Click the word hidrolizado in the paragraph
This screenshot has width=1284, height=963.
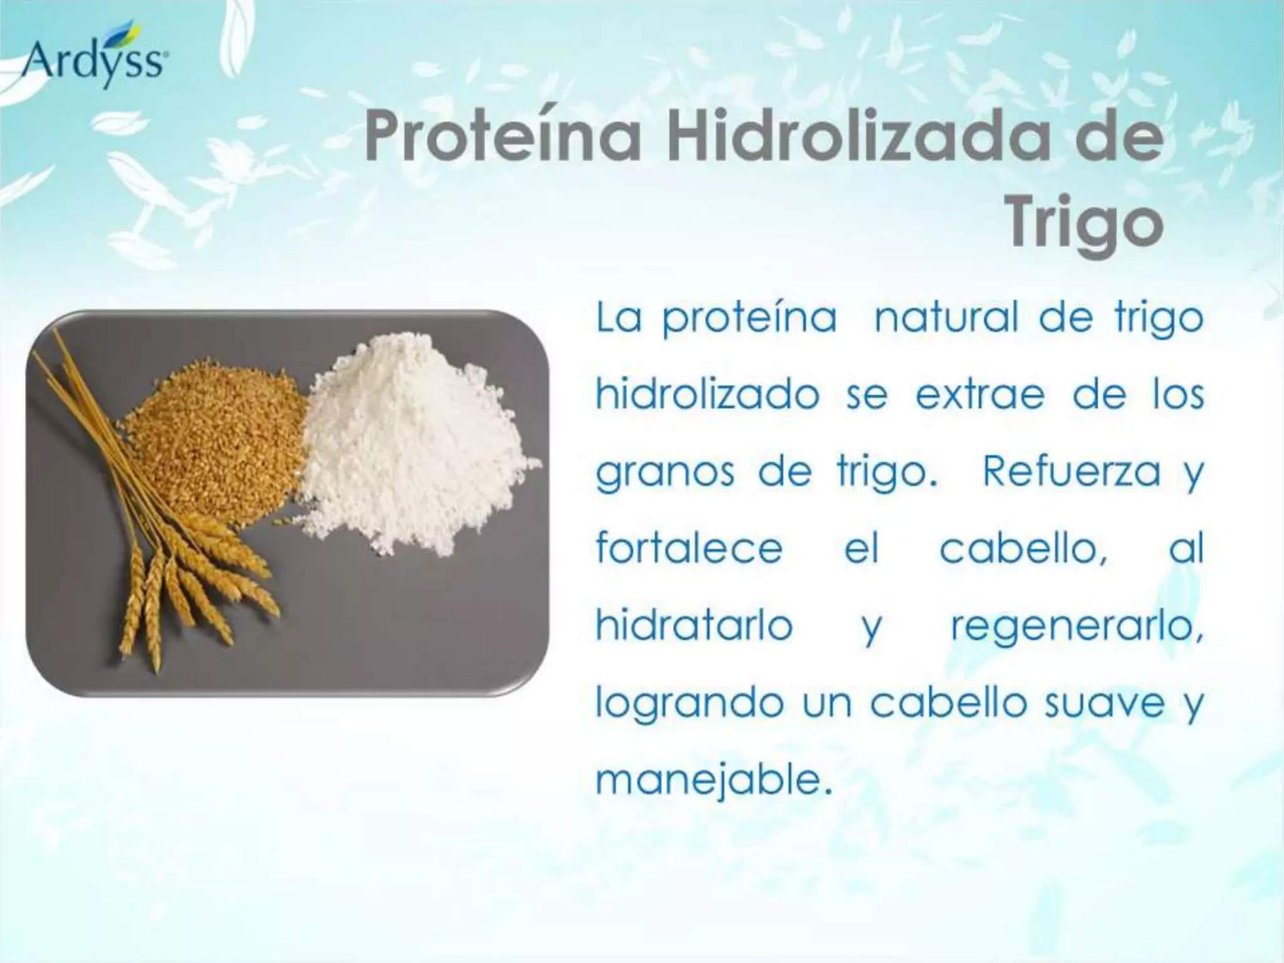click(707, 395)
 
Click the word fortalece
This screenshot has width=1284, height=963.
click(689, 548)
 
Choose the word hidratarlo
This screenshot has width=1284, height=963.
click(694, 625)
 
